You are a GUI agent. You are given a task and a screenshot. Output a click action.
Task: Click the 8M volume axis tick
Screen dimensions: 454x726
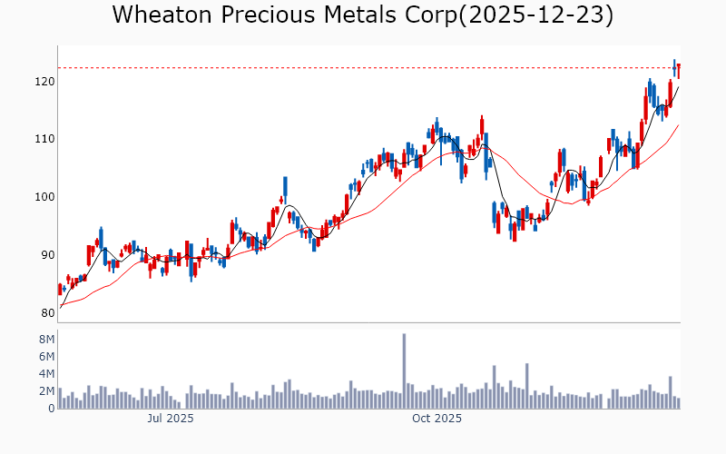[44, 339]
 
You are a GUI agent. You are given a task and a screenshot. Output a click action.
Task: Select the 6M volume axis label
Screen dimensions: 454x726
[44, 356]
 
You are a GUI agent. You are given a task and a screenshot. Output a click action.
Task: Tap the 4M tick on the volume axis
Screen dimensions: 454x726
[44, 373]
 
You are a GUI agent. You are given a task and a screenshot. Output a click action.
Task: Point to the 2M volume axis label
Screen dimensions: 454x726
[44, 390]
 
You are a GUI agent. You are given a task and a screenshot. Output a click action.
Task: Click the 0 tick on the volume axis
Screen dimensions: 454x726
[50, 409]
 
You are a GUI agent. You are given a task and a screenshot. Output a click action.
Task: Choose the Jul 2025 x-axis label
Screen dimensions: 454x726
[170, 419]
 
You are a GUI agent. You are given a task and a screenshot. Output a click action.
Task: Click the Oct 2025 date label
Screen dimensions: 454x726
[437, 419]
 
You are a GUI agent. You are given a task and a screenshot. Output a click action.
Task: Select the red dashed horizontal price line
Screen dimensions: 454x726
[363, 67]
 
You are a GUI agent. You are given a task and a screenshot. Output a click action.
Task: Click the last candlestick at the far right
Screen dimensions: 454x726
[678, 70]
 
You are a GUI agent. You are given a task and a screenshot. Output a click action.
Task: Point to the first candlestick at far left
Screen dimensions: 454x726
[60, 289]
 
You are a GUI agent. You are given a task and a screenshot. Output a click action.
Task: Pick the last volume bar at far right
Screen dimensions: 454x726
[678, 403]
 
